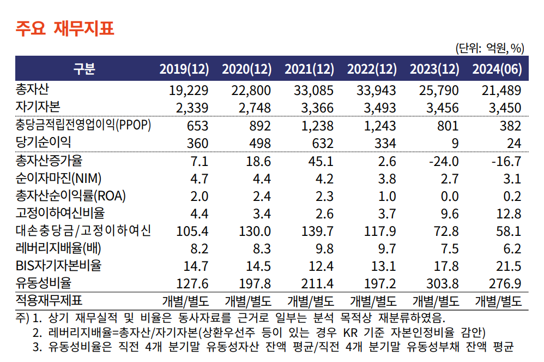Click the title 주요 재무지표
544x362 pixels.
[65, 28]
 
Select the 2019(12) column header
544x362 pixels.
[184, 69]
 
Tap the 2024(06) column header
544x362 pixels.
[497, 69]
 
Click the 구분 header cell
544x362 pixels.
[84, 69]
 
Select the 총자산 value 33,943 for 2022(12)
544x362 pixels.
[376, 90]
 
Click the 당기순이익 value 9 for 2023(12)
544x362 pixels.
[455, 143]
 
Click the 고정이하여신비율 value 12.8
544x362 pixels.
[509, 213]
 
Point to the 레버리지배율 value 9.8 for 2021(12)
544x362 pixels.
[324, 249]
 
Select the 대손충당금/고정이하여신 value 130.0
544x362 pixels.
[255, 232]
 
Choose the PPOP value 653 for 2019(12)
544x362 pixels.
[197, 126]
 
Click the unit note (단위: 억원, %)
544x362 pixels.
[489, 48]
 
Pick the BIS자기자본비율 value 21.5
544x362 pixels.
[509, 266]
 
